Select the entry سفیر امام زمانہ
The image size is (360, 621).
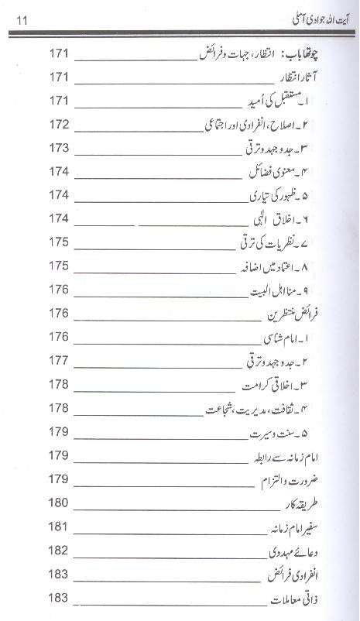(300, 527)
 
